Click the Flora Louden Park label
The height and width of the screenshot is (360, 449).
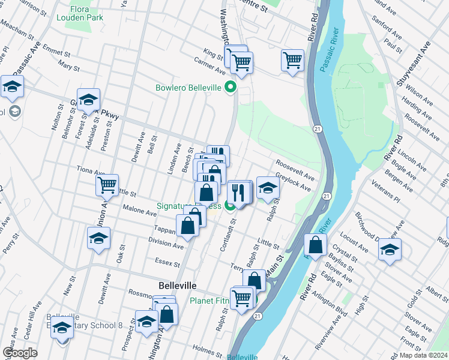click(x=80, y=13)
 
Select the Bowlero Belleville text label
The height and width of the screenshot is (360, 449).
click(x=188, y=88)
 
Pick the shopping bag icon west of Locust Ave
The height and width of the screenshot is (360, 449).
click(x=315, y=244)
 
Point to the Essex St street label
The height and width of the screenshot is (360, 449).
click(x=167, y=263)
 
